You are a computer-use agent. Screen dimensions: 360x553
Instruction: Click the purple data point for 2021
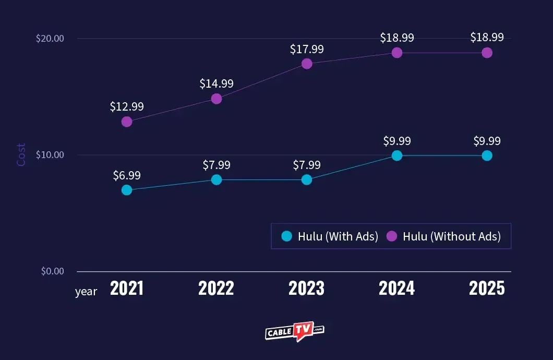coord(127,122)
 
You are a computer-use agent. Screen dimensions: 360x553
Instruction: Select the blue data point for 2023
coord(307,179)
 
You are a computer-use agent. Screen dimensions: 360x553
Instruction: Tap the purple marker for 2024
coord(397,53)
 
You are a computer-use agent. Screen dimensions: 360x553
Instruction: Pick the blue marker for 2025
coord(487,155)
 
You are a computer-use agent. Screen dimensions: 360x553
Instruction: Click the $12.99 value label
coord(127,106)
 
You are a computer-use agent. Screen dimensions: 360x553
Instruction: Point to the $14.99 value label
coord(217,83)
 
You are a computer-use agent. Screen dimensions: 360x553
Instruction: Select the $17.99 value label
coord(307,49)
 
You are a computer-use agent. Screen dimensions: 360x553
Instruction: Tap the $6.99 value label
coord(127,175)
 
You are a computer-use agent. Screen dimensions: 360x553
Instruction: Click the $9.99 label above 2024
coord(397,141)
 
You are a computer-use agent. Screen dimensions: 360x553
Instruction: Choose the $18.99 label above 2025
coord(487,38)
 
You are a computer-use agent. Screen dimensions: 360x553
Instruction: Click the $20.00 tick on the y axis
coord(50,39)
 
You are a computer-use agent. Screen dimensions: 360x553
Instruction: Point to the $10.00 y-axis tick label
coord(50,155)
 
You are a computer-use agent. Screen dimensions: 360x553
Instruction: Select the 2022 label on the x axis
coord(217,288)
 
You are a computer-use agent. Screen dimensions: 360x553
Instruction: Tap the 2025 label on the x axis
coord(487,288)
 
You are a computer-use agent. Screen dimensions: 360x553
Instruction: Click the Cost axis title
coord(21,155)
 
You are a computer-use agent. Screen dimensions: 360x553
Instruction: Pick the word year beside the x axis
coord(86,292)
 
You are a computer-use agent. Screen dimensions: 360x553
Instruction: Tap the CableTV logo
coord(295,331)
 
